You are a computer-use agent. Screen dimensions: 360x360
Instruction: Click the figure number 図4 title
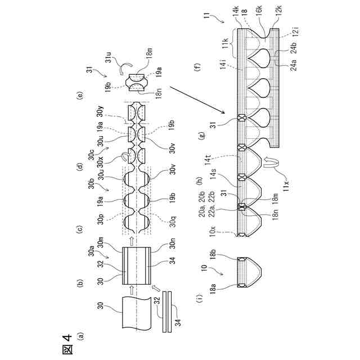pos(68,344)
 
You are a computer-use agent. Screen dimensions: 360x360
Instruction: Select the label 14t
pos(208,159)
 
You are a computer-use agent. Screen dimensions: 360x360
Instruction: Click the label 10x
pos(213,231)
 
